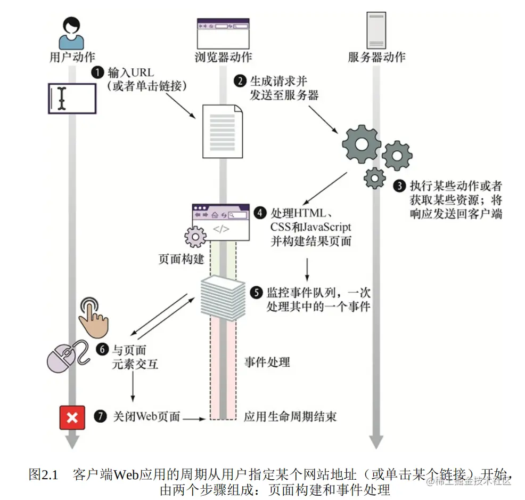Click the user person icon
coord(71,33)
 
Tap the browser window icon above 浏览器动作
coord(223,34)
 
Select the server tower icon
coord(376,30)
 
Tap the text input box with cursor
coord(71,98)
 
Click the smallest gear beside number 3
coord(375,177)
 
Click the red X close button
coord(72,416)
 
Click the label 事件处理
coord(267,362)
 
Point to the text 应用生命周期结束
coord(290,416)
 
